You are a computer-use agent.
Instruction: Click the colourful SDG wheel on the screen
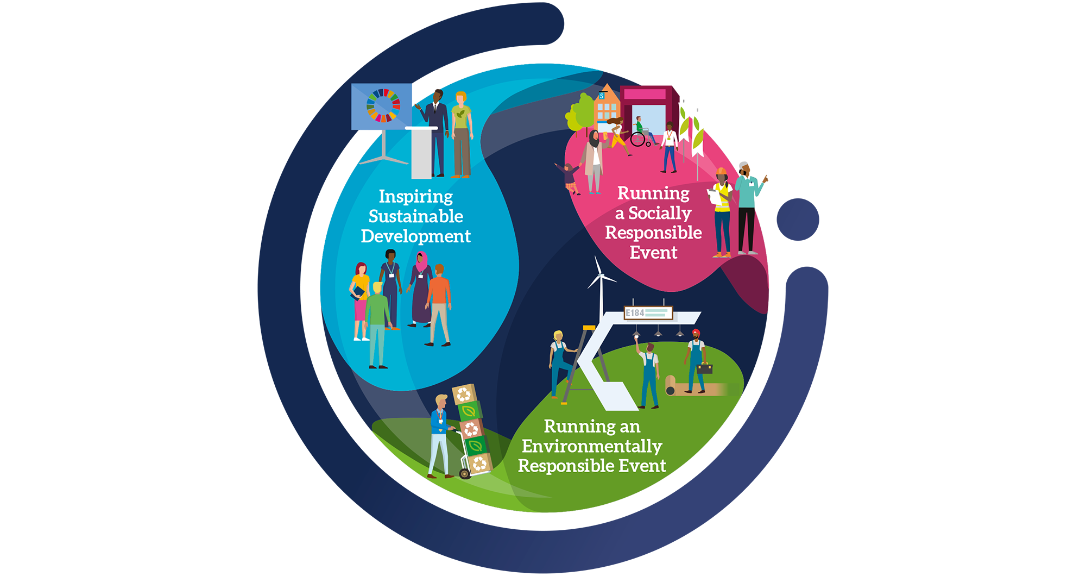[x=383, y=105]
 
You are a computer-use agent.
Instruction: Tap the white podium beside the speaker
[x=421, y=152]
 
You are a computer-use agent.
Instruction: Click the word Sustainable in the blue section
[x=416, y=216]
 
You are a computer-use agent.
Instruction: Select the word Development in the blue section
[x=416, y=236]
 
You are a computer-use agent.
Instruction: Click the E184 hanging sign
[x=648, y=313]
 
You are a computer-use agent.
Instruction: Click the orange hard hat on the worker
[x=721, y=172]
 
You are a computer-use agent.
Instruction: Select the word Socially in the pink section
[x=660, y=213]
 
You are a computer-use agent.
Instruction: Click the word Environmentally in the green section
[x=592, y=446]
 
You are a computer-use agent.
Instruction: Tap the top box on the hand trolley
[x=464, y=394]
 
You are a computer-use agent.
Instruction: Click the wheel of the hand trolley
[x=465, y=474]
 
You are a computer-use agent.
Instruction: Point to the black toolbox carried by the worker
[x=705, y=368]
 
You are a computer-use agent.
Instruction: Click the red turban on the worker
[x=696, y=333]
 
